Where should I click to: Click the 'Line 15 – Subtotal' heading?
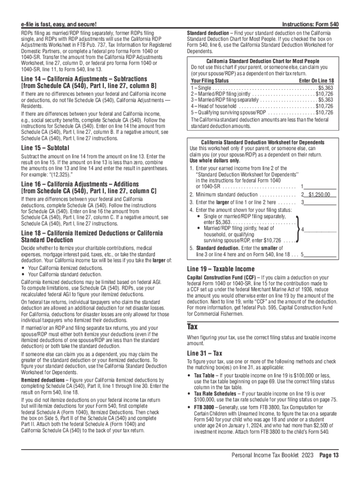click(45, 148)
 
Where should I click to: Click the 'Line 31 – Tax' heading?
click(204, 354)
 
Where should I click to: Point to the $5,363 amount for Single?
click(325, 87)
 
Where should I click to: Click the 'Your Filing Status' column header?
click(209, 81)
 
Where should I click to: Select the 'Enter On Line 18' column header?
click(316, 81)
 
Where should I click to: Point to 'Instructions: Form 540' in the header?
click(310, 24)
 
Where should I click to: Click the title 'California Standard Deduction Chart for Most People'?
click(262, 61)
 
